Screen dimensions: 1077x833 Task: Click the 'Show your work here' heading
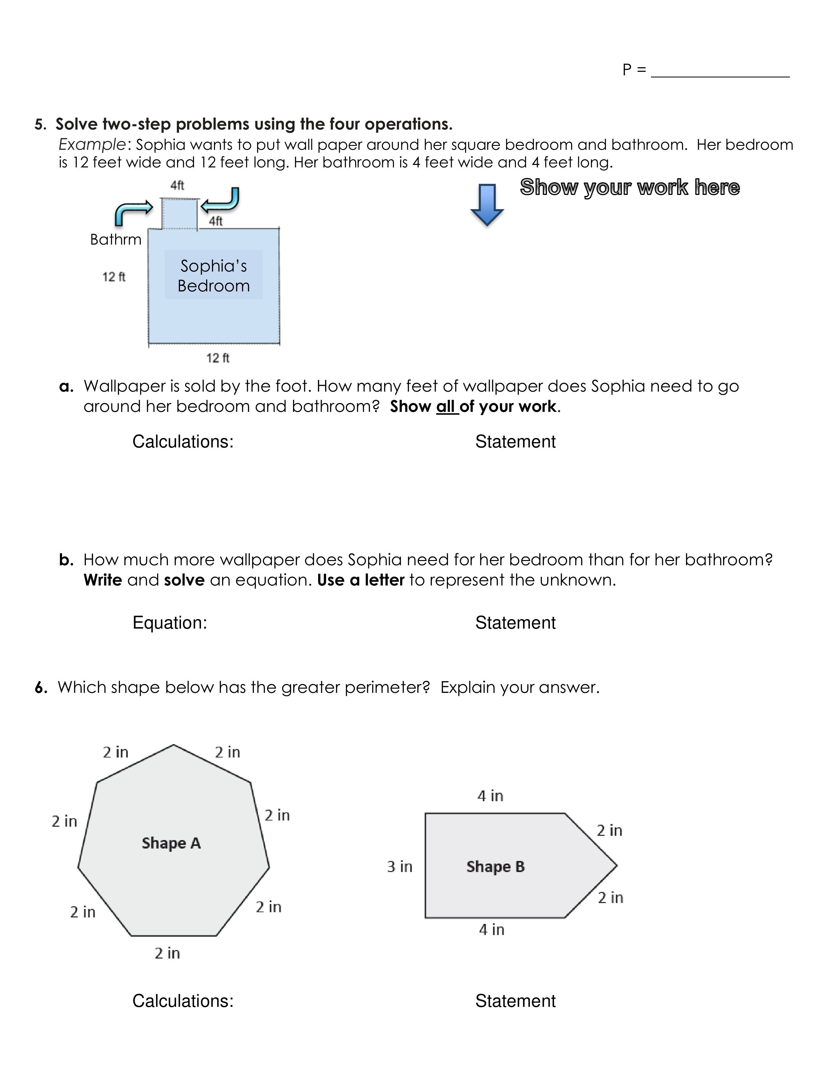(x=630, y=187)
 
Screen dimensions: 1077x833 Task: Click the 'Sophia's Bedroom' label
(x=214, y=276)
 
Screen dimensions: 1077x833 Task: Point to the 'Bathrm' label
(x=115, y=240)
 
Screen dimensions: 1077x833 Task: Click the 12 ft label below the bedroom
(x=218, y=358)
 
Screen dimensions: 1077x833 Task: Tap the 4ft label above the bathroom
(x=177, y=185)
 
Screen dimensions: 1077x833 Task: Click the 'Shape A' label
(x=171, y=843)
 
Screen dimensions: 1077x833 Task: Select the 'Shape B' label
(x=496, y=867)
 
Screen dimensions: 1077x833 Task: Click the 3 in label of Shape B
(x=399, y=866)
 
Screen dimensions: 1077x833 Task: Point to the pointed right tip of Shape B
(x=616, y=865)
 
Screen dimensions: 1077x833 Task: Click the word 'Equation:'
(x=170, y=623)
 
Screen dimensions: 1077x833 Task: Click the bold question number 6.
(x=41, y=687)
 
